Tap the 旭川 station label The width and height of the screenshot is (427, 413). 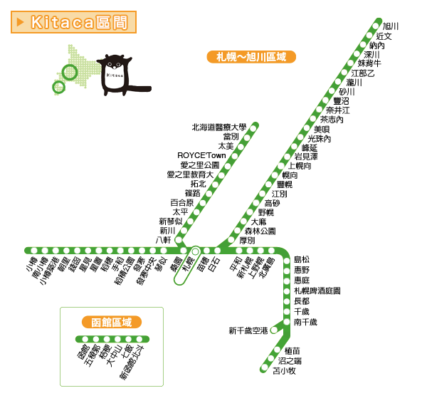(391, 26)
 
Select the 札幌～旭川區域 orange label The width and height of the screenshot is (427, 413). (251, 56)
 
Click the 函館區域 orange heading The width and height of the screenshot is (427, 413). (112, 323)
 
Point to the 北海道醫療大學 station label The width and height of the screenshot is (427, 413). (218, 127)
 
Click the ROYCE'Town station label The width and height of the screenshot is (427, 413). (201, 155)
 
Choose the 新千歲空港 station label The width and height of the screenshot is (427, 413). (248, 330)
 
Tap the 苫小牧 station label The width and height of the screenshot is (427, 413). (284, 370)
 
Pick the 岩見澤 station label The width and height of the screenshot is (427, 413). (306, 156)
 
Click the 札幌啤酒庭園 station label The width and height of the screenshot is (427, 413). (317, 291)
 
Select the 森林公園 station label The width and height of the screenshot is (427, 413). (260, 231)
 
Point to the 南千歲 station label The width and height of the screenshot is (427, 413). (305, 323)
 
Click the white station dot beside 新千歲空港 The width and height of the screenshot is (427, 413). (275, 330)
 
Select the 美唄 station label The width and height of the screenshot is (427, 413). (322, 130)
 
